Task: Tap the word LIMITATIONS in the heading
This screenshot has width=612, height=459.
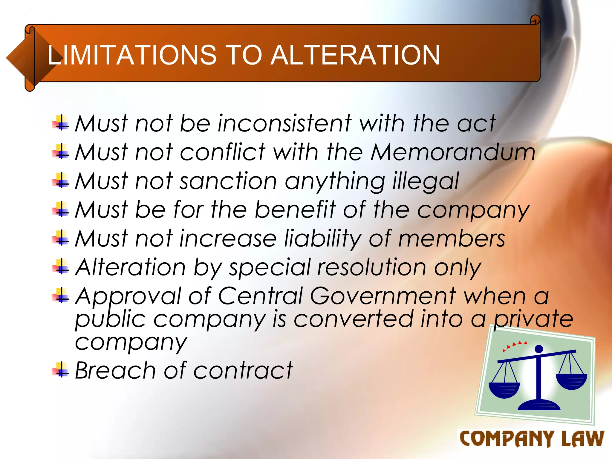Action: pos(132,55)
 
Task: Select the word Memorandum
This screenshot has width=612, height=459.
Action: pos(453,152)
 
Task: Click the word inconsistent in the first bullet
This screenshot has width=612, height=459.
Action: pos(284,123)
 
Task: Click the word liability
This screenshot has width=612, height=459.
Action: pos(323,239)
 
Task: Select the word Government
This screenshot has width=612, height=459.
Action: pos(383,296)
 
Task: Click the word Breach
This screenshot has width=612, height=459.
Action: pos(115,371)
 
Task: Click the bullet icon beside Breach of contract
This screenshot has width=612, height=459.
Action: pos(61,370)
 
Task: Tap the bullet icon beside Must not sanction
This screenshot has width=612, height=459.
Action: pos(61,180)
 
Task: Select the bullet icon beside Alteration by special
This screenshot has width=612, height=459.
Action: pos(61,266)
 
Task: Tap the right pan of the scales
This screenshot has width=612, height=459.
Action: pos(571,381)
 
